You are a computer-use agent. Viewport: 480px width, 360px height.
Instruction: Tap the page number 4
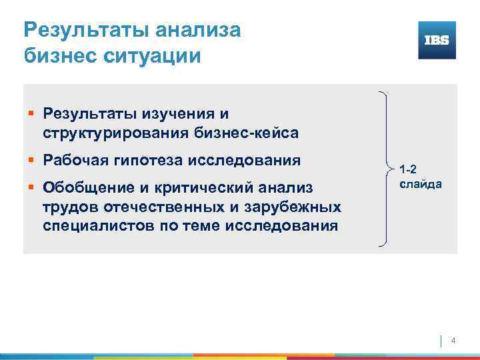point(454,341)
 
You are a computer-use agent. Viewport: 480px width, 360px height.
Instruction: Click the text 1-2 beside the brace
point(409,170)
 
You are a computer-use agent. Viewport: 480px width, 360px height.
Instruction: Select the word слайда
point(420,183)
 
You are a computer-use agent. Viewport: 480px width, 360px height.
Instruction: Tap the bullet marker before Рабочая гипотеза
point(32,161)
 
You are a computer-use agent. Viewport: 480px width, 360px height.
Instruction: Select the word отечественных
point(151,207)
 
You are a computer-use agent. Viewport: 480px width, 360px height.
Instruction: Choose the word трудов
point(67,207)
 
